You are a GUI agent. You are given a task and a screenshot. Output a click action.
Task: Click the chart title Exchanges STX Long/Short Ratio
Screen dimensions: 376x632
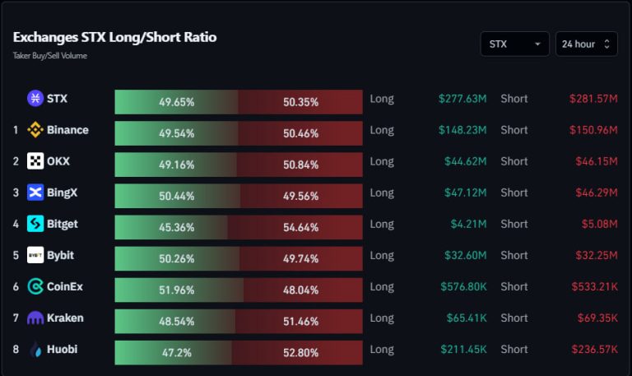tap(114, 38)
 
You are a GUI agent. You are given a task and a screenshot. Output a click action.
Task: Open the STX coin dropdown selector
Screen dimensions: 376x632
tap(515, 44)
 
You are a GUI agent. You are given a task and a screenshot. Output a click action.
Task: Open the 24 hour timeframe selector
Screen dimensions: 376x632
tap(586, 44)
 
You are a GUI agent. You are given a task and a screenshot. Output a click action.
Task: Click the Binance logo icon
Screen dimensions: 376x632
tap(35, 130)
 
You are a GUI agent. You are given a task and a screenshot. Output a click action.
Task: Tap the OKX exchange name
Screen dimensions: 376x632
tap(58, 161)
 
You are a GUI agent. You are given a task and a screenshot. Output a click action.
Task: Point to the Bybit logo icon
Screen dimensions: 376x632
tap(35, 255)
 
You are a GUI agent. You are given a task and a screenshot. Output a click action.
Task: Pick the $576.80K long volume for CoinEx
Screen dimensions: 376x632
tap(462, 286)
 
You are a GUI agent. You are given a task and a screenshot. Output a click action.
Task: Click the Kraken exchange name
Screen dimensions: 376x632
tap(65, 318)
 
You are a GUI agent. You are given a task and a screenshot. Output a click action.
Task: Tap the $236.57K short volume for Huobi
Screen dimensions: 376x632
tap(593, 349)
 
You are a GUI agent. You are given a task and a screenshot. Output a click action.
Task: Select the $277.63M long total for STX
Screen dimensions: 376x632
tap(462, 99)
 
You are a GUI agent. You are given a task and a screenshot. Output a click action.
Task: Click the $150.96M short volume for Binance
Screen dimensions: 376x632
tap(593, 130)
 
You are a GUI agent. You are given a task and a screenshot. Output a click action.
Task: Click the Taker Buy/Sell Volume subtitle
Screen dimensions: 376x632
tap(50, 56)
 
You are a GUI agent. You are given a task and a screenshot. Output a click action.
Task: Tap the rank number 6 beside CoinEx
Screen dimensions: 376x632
tap(16, 286)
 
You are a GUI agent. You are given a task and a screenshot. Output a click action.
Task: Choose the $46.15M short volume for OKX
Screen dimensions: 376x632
tap(596, 161)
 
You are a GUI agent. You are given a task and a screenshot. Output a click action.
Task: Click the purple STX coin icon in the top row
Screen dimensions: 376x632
tap(35, 99)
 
